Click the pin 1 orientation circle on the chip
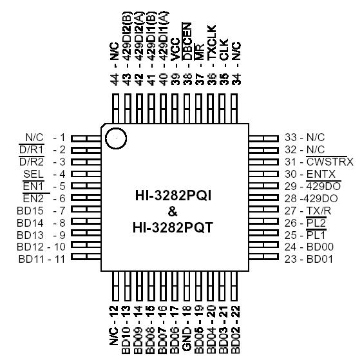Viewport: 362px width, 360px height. tap(116, 138)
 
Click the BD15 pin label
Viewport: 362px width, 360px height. tap(30, 210)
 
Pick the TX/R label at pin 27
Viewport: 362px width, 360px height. tap(319, 210)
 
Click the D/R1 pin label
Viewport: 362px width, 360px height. tap(32, 149)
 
